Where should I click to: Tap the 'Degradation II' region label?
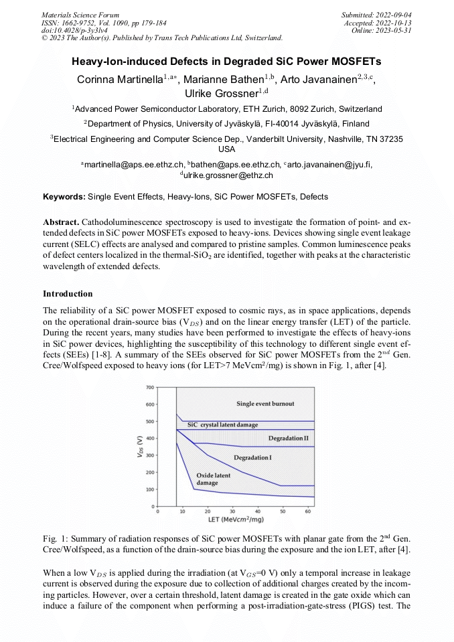(x=288, y=438)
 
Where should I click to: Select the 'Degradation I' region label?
(x=252, y=457)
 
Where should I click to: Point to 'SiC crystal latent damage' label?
(x=222, y=425)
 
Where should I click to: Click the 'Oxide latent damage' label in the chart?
(x=214, y=479)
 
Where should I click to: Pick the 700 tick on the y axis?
(x=150, y=388)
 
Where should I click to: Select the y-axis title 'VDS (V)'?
(x=139, y=447)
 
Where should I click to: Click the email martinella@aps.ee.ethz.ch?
(x=134, y=165)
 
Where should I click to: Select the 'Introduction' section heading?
(x=68, y=294)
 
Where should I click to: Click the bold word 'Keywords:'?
(x=64, y=197)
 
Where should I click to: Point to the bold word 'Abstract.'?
(x=62, y=222)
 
